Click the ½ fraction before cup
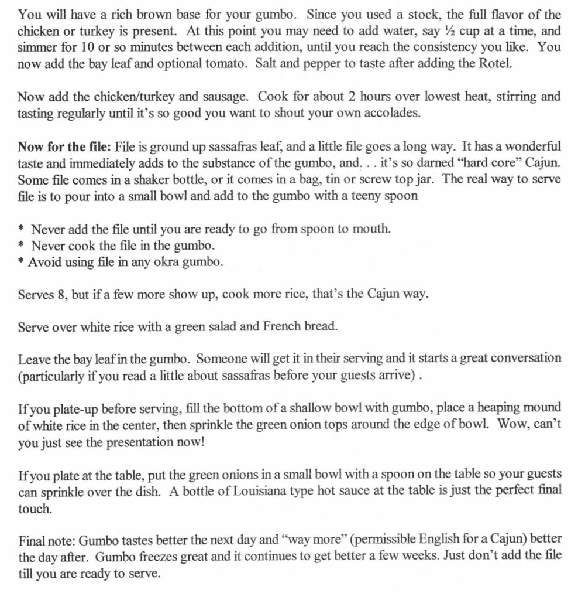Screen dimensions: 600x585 pyautogui.click(x=449, y=30)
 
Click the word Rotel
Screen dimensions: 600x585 pyautogui.click(x=495, y=63)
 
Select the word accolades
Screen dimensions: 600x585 pyautogui.click(x=390, y=113)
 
